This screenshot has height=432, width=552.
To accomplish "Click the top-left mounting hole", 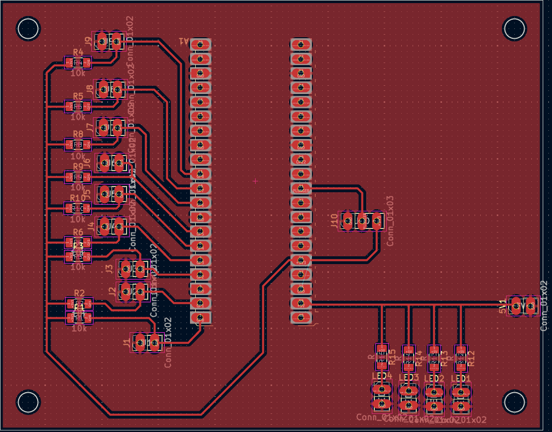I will [x=28, y=28].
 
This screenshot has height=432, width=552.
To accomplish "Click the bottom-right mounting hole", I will [x=514, y=401].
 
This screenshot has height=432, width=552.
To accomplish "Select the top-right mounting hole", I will [x=514, y=28].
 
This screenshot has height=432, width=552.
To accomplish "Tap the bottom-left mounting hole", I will [x=28, y=402].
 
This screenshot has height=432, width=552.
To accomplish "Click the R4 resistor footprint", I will [x=78, y=63].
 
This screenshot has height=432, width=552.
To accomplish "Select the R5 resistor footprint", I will [x=78, y=106].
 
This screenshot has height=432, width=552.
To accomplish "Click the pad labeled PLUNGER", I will [x=301, y=189].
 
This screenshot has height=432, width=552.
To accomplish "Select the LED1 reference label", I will [x=461, y=379].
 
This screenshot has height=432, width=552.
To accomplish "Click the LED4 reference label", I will [x=382, y=377].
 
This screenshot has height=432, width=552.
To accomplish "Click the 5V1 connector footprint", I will [x=523, y=305].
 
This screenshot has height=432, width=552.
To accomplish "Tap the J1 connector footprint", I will [x=147, y=343].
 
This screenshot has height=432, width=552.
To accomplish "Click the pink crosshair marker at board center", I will [x=255, y=181].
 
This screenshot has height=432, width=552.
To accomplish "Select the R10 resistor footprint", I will [x=78, y=209].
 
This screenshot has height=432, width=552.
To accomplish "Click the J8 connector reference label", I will [x=89, y=89].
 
